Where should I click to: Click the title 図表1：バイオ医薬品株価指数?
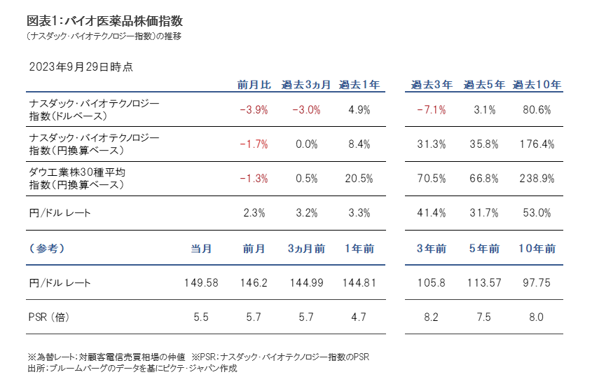click(x=105, y=20)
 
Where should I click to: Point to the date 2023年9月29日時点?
click(x=81, y=67)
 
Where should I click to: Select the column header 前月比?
click(x=254, y=85)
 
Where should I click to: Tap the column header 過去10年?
click(x=537, y=85)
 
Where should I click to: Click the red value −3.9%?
click(x=254, y=110)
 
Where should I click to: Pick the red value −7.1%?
click(x=430, y=110)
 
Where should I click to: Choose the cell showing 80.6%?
click(x=537, y=110)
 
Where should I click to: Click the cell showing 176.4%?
click(x=537, y=144)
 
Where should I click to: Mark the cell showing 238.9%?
click(x=537, y=179)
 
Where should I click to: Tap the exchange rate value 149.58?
click(x=201, y=283)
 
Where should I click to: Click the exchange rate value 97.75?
click(x=537, y=283)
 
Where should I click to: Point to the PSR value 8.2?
click(x=430, y=317)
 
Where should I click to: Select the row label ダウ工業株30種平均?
click(x=77, y=172)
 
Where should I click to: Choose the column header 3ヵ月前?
click(x=306, y=249)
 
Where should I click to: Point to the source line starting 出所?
click(x=132, y=368)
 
